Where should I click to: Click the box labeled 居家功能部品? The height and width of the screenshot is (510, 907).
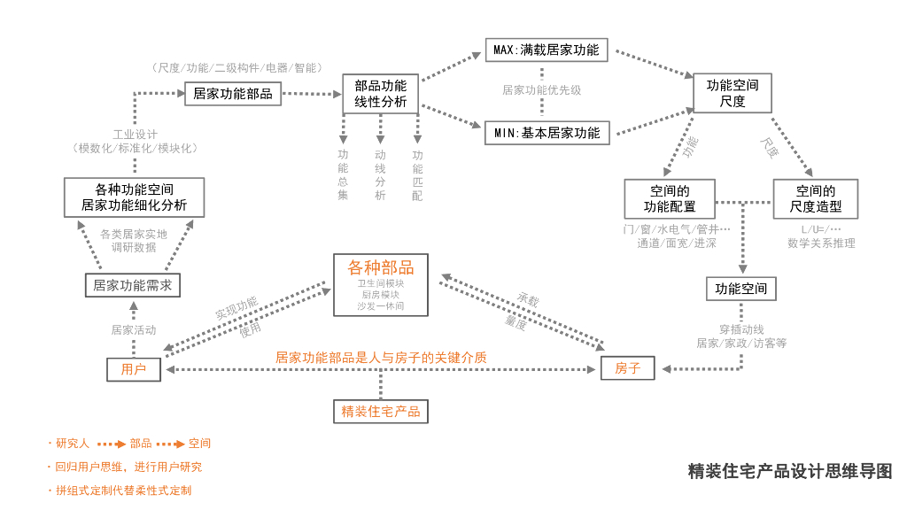coord(233,93)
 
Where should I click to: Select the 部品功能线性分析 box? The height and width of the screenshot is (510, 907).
coord(381,94)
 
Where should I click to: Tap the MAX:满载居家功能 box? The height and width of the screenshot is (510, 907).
coord(546,50)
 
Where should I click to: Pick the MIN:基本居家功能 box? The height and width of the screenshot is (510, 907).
coord(547,134)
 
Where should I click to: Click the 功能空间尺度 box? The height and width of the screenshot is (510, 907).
coord(732,93)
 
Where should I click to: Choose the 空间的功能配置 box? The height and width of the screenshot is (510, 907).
coord(670,199)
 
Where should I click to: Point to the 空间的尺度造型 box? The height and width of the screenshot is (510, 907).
coord(815,199)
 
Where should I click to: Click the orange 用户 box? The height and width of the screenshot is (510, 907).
coord(134,368)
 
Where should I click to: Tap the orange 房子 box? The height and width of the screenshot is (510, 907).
coord(627,367)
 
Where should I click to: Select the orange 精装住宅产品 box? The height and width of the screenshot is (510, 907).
coord(381,411)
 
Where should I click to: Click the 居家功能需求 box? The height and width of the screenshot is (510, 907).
coord(133,285)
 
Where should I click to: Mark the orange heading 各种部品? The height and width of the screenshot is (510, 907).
coord(381,267)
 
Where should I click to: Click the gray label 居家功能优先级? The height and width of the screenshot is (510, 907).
coord(542,90)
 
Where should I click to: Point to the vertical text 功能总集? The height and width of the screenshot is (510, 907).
coord(343,175)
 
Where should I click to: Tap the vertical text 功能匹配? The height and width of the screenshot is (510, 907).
coord(417,175)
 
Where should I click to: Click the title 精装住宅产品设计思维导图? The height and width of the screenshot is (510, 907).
coord(790,471)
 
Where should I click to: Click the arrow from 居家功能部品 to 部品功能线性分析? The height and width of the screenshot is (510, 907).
coord(313,93)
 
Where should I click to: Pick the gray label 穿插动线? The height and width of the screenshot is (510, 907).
coord(741,329)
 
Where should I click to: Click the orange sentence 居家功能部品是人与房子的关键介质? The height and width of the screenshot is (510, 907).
coord(381,358)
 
